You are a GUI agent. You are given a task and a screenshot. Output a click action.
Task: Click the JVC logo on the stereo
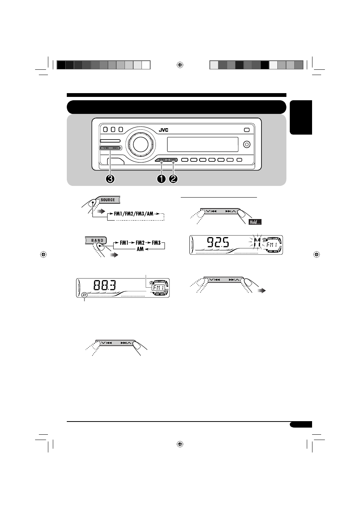[x=163, y=130]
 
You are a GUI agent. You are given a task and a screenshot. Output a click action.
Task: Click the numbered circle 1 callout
[x=162, y=179]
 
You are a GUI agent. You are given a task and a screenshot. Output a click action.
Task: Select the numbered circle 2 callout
[x=173, y=179]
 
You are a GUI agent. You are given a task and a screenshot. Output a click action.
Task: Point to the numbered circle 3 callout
[x=110, y=179]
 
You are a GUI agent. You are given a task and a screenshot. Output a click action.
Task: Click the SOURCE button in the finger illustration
[x=108, y=200]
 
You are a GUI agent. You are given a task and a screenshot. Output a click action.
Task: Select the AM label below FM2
[x=140, y=249]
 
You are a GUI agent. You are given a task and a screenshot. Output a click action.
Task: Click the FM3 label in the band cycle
[x=156, y=243]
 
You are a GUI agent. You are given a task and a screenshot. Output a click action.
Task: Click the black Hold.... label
[x=255, y=222]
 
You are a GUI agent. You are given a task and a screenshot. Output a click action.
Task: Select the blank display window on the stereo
[x=202, y=144]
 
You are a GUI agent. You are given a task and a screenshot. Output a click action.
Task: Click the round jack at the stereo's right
[x=247, y=144]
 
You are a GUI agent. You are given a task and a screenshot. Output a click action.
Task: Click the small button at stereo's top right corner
[x=246, y=130]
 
